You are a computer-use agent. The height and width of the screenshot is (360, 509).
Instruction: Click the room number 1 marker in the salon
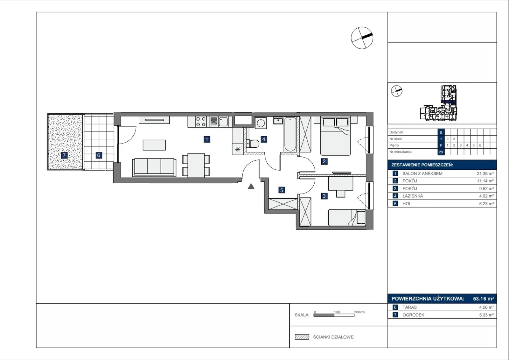[x=207, y=139]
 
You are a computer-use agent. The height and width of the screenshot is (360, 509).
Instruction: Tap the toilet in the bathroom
[x=253, y=144]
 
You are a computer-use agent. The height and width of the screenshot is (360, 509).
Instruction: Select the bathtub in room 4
[x=290, y=134]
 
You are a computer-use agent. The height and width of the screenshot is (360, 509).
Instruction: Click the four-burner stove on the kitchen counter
[x=201, y=122]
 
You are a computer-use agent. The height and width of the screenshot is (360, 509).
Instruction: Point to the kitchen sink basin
[x=223, y=122]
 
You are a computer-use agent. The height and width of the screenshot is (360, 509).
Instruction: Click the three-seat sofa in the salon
[x=154, y=167]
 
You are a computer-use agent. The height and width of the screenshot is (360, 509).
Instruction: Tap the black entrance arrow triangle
[x=251, y=186]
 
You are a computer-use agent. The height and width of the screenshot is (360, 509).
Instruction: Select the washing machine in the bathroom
[x=261, y=123]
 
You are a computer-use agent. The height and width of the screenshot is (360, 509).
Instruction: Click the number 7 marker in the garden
[x=64, y=155]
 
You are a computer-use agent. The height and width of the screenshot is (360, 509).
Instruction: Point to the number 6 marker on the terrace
[x=99, y=155]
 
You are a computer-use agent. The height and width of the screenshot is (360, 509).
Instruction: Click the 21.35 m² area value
[x=485, y=173]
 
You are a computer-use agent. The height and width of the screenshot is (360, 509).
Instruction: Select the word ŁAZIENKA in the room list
[x=413, y=196]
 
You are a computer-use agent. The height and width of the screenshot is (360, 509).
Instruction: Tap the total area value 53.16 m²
[x=483, y=299]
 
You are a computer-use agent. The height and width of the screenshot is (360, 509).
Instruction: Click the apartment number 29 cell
[x=441, y=152]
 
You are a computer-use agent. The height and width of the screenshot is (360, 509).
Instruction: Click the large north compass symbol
[x=362, y=38]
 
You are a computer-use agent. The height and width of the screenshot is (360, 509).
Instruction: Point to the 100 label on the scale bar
[x=337, y=312]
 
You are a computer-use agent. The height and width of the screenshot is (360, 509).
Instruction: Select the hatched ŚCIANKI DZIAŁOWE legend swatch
[x=302, y=337]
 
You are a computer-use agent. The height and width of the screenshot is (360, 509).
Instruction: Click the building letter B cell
[x=441, y=132]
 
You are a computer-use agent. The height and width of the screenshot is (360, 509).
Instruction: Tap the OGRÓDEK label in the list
[x=413, y=315]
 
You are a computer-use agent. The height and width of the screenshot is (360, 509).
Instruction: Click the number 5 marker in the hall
[x=282, y=190]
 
